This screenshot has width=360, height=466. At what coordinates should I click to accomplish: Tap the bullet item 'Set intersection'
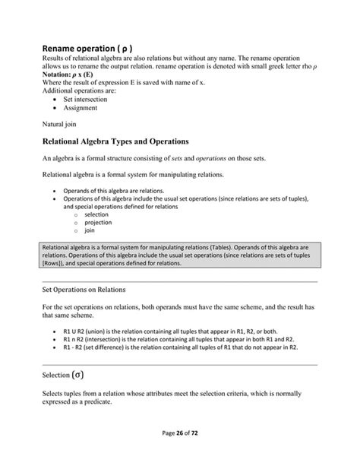(x=85, y=99)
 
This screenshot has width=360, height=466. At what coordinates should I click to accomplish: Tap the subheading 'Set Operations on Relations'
(x=85, y=290)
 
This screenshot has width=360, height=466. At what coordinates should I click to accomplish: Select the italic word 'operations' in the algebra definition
(x=216, y=158)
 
